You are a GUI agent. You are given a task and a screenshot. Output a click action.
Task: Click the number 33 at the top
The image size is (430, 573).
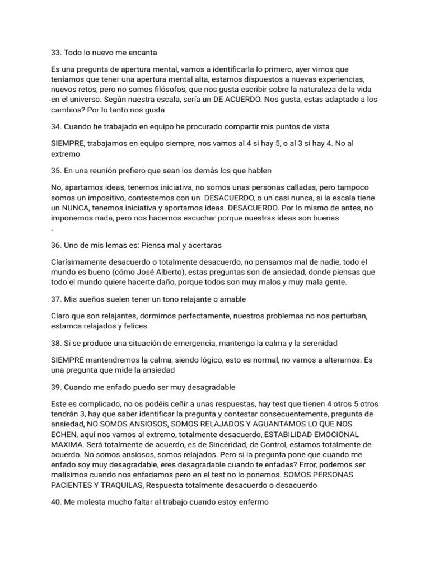(x=55, y=53)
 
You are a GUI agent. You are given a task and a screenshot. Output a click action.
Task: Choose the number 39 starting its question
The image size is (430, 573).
(x=55, y=387)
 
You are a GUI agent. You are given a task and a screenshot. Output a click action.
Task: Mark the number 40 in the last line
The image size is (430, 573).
(x=56, y=502)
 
